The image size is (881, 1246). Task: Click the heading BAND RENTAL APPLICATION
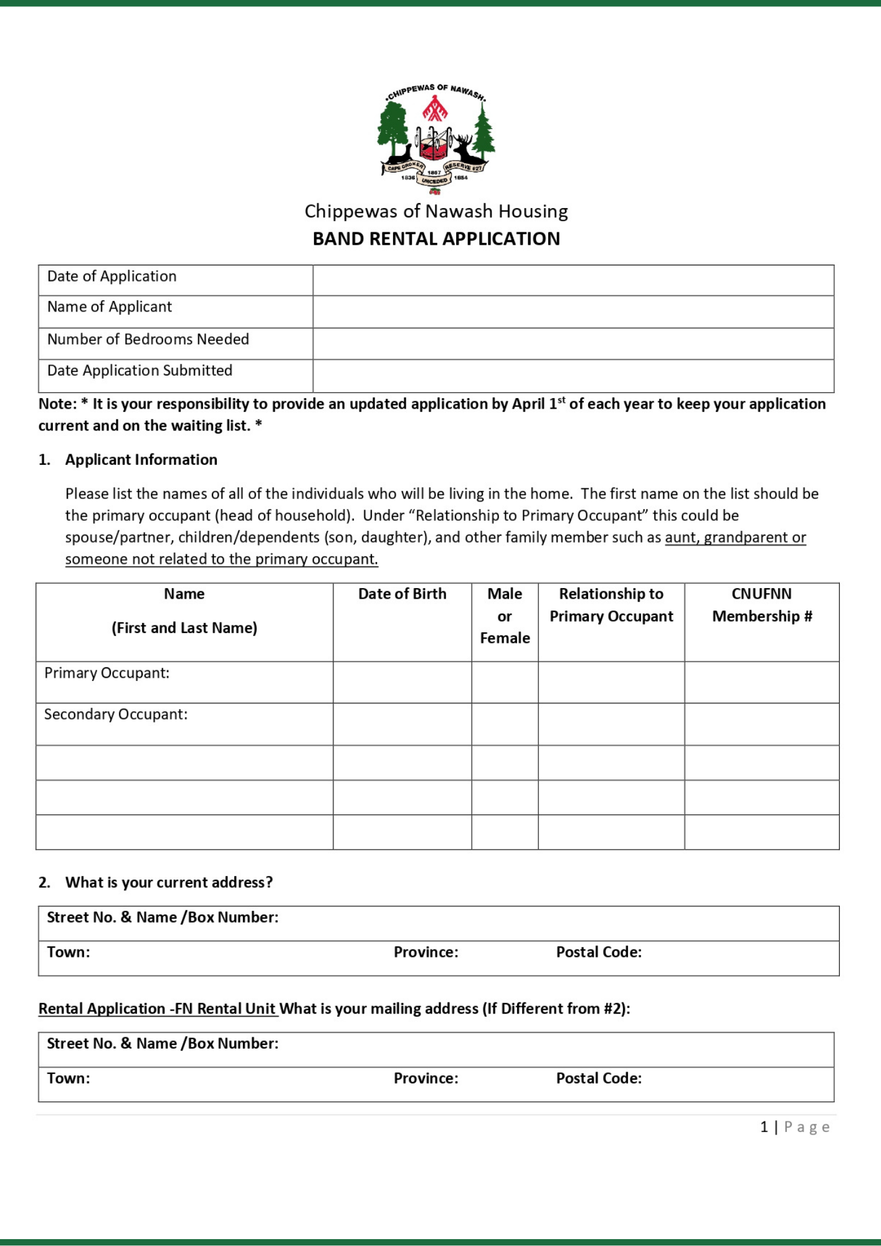click(x=436, y=239)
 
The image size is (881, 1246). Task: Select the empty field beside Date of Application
click(x=573, y=280)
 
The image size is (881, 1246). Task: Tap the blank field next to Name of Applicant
click(x=573, y=311)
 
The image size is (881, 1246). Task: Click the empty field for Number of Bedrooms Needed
click(x=573, y=343)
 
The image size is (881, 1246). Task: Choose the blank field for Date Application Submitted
click(x=573, y=376)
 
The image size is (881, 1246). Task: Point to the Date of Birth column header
click(x=402, y=594)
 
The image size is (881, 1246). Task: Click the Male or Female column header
click(x=505, y=616)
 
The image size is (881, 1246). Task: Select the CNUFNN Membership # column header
click(x=761, y=605)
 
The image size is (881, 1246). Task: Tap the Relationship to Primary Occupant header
click(x=611, y=605)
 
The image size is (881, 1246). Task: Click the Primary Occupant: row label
click(x=107, y=673)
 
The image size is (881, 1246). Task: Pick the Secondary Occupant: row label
click(x=115, y=714)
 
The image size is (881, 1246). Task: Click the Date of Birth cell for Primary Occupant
click(x=402, y=682)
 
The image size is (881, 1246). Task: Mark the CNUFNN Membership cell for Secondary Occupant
click(x=761, y=724)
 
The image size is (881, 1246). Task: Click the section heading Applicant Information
click(x=141, y=460)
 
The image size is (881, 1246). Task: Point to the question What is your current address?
click(x=169, y=882)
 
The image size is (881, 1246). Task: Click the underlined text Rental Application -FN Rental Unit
click(x=157, y=1009)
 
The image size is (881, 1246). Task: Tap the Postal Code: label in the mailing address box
click(x=598, y=1078)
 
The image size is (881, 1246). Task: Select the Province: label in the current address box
click(x=426, y=952)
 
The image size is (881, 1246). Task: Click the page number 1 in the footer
click(x=764, y=1127)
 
